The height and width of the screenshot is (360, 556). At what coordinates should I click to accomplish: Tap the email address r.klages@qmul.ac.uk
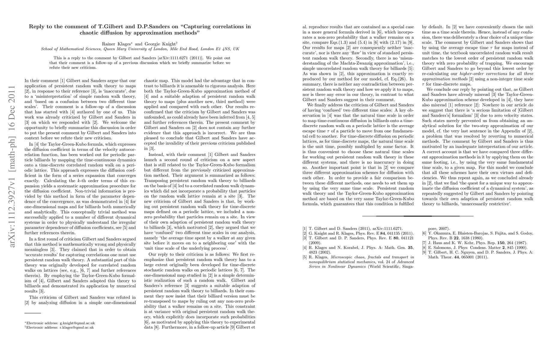[77, 328]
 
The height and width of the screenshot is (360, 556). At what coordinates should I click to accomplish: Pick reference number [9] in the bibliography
[424, 252]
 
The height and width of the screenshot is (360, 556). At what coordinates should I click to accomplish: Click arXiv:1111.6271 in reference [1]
[384, 229]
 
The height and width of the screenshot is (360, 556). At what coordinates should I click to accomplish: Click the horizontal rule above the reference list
[418, 216]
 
